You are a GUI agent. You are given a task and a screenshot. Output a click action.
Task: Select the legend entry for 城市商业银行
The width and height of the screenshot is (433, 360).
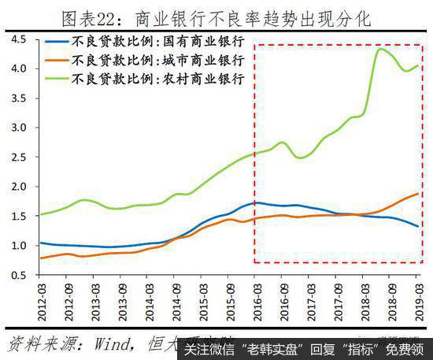coord(162,60)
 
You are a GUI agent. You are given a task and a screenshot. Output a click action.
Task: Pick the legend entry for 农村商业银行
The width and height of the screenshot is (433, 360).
coord(162,78)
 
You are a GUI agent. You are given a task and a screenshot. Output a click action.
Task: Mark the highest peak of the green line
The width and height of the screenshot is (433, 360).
coord(381,49)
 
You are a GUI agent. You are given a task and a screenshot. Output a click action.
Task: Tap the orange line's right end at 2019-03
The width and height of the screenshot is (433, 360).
coord(417,194)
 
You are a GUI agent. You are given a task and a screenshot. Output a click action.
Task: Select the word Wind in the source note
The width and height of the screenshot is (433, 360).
coord(110,343)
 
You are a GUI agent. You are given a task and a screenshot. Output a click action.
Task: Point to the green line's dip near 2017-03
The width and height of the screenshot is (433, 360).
coord(300,158)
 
